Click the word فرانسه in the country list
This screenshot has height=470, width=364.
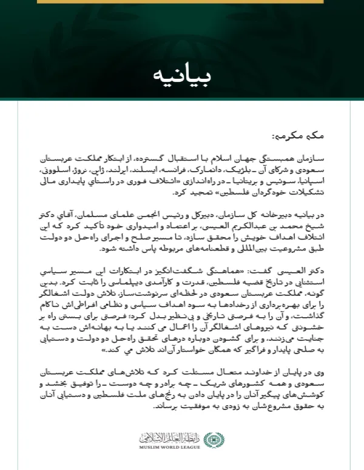click(196, 170)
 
